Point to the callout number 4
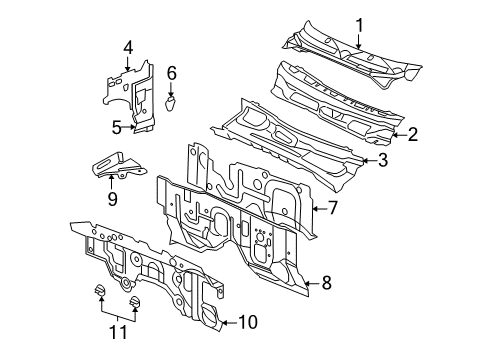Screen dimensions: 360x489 [128, 47]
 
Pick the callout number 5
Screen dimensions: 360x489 [116, 127]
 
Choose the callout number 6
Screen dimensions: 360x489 [171, 73]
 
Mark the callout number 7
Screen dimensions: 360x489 [333, 208]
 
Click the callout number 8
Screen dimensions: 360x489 [327, 284]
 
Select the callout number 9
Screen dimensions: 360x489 [112, 199]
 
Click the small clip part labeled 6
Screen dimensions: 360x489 [170, 101]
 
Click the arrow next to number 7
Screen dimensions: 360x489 [317, 208]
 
